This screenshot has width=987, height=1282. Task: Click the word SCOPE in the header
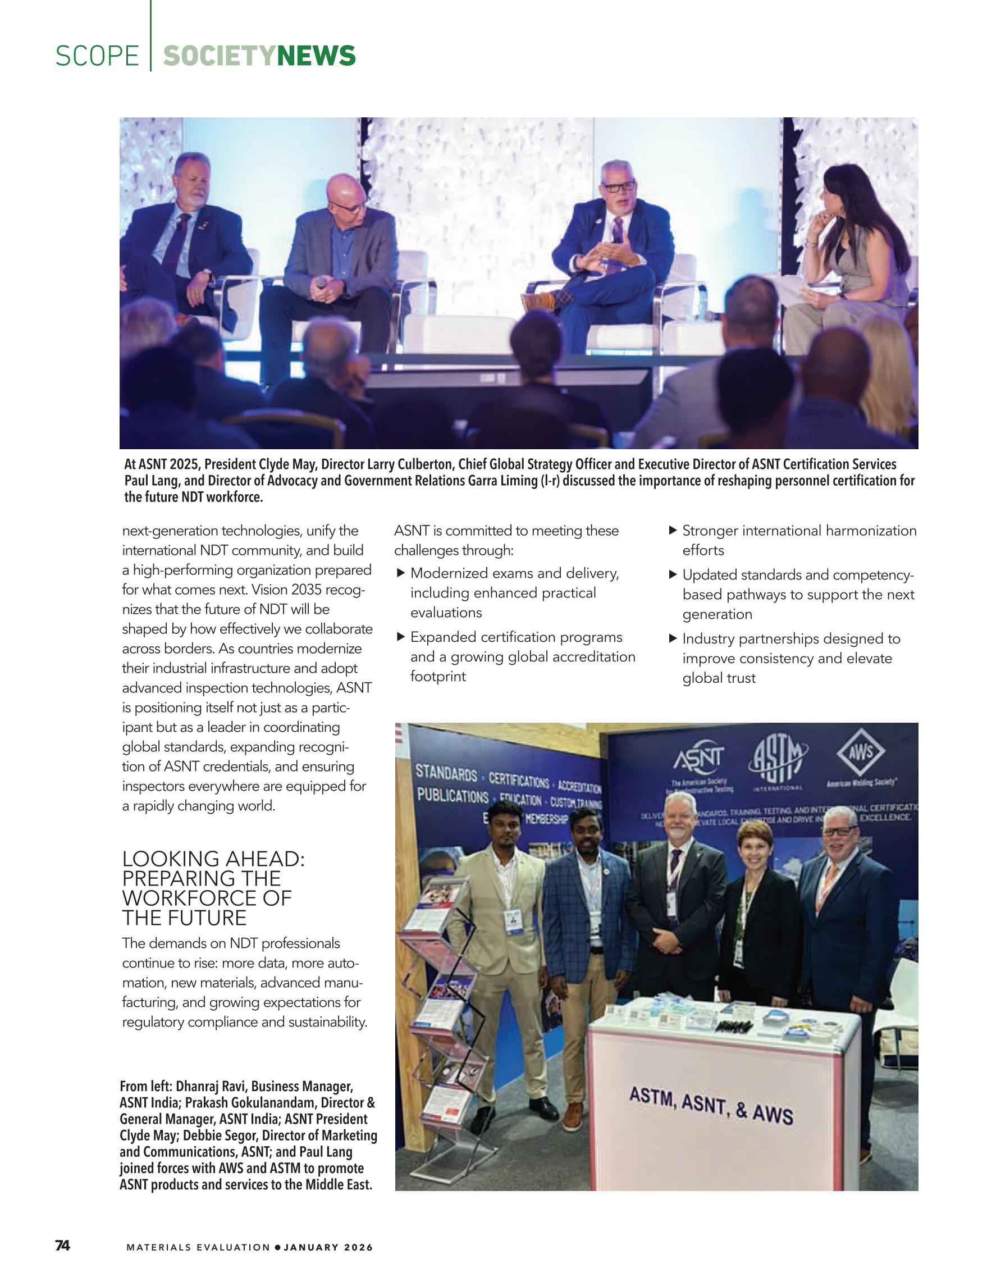point(97,56)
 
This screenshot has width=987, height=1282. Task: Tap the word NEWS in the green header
point(316,56)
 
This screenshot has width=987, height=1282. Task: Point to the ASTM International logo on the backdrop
point(778,759)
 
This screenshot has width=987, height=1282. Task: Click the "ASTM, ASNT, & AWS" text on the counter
point(711,1105)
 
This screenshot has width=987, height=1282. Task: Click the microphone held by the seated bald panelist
point(321,283)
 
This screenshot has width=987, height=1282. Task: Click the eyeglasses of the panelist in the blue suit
point(619,187)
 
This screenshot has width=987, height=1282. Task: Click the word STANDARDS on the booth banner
point(446,774)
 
